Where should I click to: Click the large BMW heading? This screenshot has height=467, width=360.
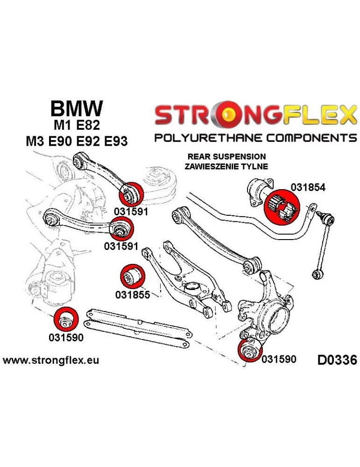pos(76,110)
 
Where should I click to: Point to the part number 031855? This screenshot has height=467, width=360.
pos(133,295)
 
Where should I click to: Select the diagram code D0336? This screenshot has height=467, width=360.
pos(336,360)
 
